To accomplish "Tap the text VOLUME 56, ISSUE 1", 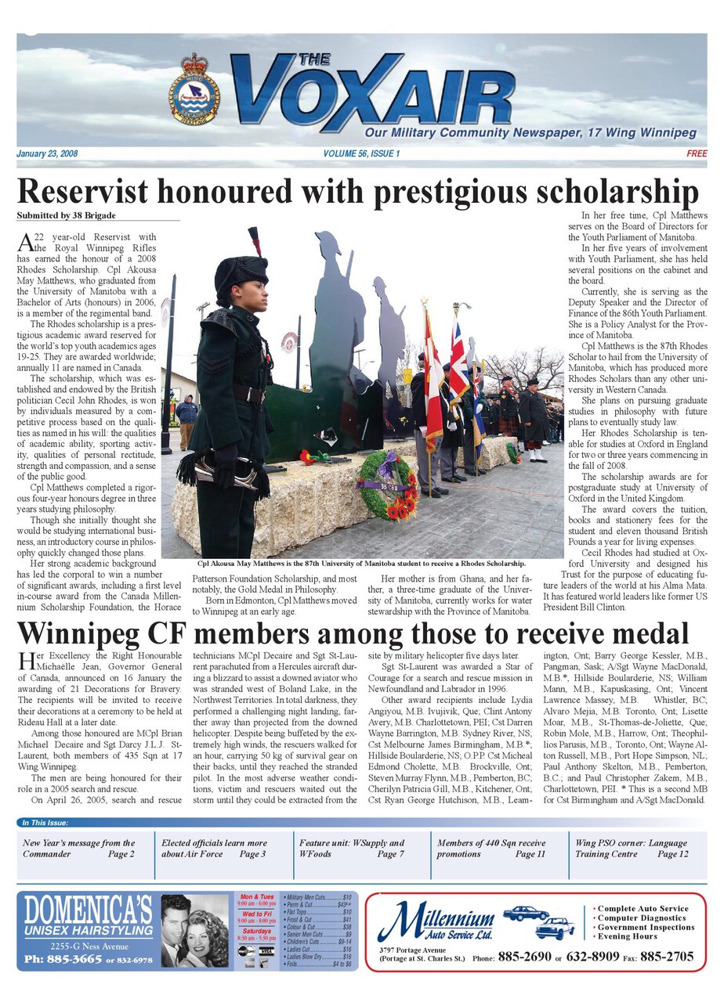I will point(361,154).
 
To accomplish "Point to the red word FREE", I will point(697,154).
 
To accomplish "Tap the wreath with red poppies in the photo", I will point(386,485).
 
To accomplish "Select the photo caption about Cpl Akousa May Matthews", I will point(361,563).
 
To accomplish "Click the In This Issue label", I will point(45,823).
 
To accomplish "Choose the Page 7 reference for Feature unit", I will point(390,854).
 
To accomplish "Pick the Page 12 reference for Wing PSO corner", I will point(672,854).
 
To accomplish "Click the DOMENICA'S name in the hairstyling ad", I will point(88,910).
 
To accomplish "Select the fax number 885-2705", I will point(668,957).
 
